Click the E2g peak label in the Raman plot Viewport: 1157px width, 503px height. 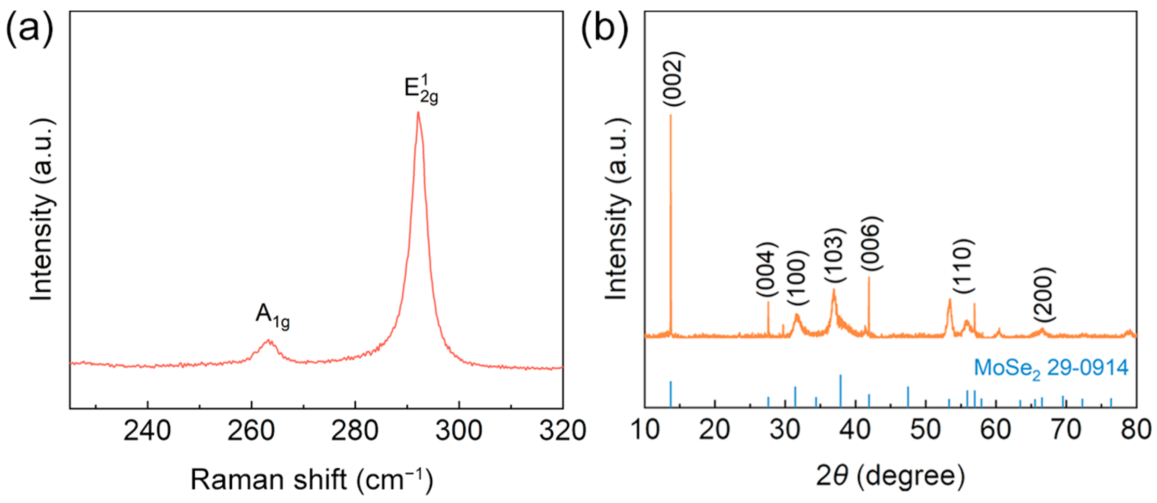click(420, 90)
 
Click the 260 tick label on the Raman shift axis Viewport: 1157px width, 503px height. click(251, 430)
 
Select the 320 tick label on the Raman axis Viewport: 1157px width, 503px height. click(562, 430)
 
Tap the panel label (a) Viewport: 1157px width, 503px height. click(29, 28)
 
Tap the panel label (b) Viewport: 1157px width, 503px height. click(604, 28)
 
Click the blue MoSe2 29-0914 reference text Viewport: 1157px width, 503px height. click(1051, 369)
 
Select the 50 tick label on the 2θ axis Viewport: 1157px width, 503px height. click(925, 430)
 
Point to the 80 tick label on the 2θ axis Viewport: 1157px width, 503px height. click(1135, 430)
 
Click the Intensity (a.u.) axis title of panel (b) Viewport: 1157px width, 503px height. click(617, 209)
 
